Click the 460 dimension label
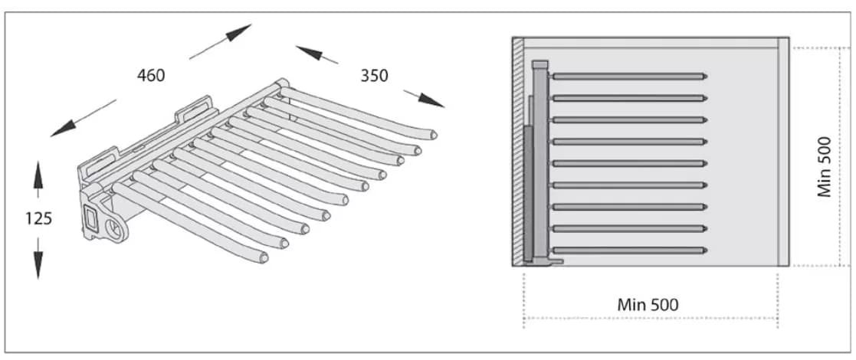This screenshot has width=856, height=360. pyautogui.click(x=151, y=75)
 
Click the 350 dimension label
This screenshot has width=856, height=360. pyautogui.click(x=374, y=75)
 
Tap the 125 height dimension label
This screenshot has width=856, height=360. pyautogui.click(x=38, y=219)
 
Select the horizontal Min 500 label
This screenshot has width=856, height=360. pyautogui.click(x=648, y=304)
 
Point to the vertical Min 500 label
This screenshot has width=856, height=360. pyautogui.click(x=824, y=166)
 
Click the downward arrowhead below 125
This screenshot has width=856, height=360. pyautogui.click(x=38, y=266)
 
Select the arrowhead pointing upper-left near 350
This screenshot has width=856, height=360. pyautogui.click(x=308, y=52)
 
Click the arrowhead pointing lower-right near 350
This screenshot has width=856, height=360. pyautogui.click(x=431, y=100)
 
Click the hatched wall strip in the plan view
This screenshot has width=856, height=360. pyautogui.click(x=518, y=152)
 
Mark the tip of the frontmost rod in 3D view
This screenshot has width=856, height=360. pyautogui.click(x=264, y=257)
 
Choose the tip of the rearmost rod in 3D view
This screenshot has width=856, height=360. pyautogui.click(x=433, y=133)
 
